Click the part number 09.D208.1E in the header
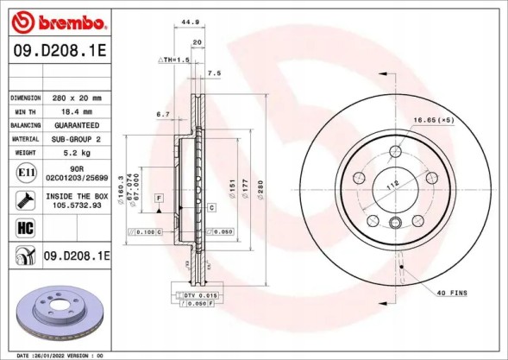click(59, 52)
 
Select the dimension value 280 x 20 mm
click(79, 98)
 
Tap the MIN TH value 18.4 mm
click(79, 111)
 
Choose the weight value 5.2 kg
click(79, 152)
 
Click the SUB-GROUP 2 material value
click(79, 138)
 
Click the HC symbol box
click(25, 228)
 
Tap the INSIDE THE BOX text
click(80, 197)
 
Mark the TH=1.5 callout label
click(173, 60)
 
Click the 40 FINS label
click(451, 294)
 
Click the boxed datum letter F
click(160, 199)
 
